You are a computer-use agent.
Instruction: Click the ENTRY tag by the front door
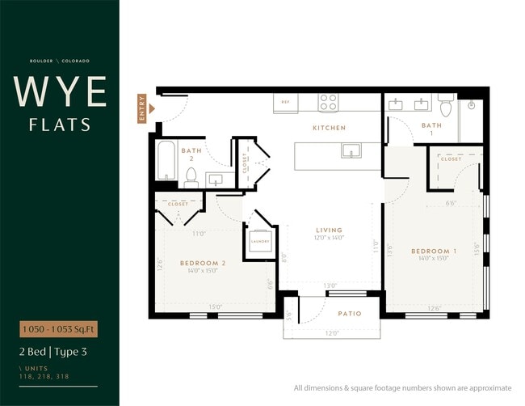click(x=143, y=109)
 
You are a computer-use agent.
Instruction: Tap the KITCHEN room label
click(x=329, y=128)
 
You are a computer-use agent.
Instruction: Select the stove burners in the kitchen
click(x=328, y=102)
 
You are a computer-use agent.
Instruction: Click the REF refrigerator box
click(x=284, y=103)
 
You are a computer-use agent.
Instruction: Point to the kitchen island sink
click(x=351, y=150)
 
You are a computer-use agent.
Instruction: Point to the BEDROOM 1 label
click(x=434, y=252)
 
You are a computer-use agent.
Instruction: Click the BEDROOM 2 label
click(x=202, y=264)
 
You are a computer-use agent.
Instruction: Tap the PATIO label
click(x=350, y=314)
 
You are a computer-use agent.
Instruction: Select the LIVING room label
click(x=329, y=230)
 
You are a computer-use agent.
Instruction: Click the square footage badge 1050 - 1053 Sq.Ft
click(x=59, y=329)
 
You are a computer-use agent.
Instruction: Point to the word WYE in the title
click(x=60, y=92)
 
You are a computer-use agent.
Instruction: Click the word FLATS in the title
click(x=60, y=125)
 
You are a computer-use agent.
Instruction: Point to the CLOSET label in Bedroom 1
click(x=451, y=159)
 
